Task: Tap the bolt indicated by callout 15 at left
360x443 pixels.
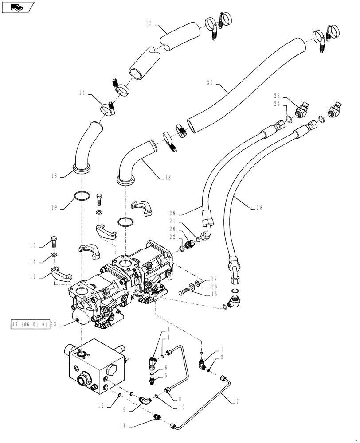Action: [x=55, y=242]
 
